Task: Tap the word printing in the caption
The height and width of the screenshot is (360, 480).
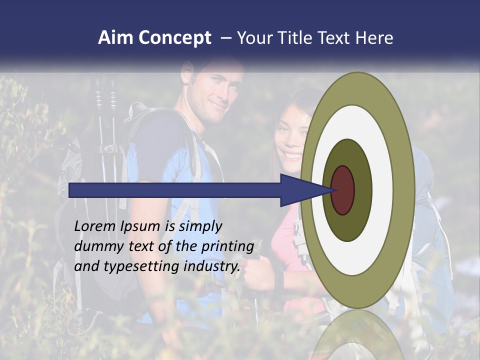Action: pos(227,246)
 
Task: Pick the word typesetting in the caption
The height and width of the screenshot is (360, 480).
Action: pos(142,266)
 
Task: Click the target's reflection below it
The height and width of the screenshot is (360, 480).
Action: pos(357,335)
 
